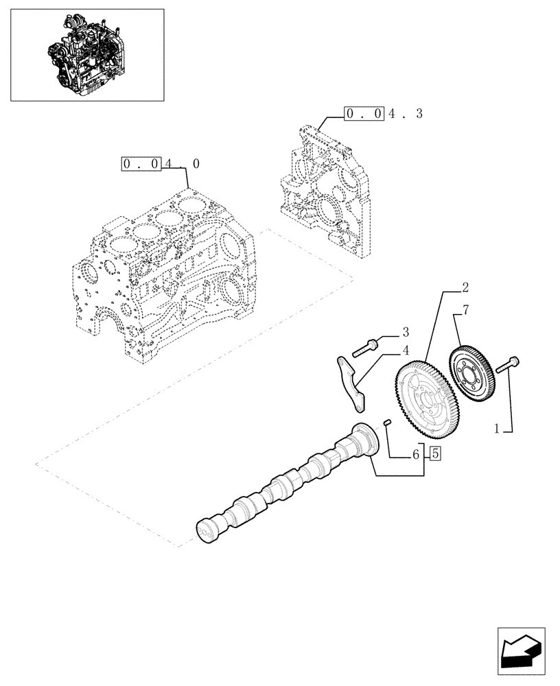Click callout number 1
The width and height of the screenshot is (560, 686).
pos(497,429)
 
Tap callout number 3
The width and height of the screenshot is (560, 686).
pos(406,333)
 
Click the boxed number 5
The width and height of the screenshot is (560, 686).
pos(436,453)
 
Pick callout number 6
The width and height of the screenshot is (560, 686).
pos(416,454)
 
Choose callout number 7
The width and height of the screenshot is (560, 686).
pos(466,311)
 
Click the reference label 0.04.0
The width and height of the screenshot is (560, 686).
pos(162,164)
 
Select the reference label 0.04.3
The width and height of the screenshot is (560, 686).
pos(384,114)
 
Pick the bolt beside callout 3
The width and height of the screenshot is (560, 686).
pos(365,348)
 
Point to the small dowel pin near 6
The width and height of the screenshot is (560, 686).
pos(388,422)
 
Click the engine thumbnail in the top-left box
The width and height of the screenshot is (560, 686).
pos(88,55)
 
